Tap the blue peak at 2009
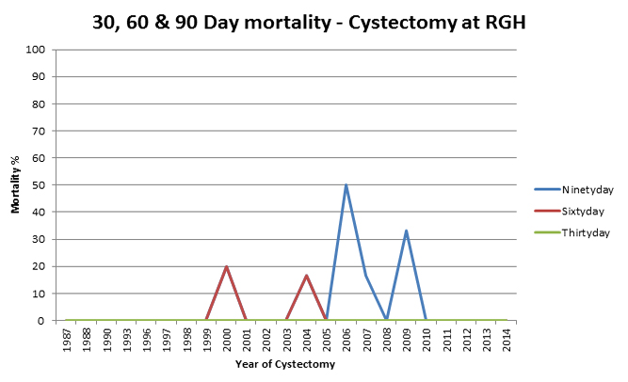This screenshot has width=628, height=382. pos(406,231)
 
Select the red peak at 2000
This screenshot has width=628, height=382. pos(226,266)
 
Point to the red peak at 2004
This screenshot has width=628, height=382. pos(306,276)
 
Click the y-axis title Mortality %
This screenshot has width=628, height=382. pos(15,184)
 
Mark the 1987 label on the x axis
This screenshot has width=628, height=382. pos(67,339)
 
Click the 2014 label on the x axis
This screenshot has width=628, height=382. pos(506,339)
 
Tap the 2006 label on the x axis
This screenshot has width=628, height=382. pos(346,339)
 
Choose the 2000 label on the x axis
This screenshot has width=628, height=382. pos(226,339)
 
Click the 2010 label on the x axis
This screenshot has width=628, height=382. pos(426,339)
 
